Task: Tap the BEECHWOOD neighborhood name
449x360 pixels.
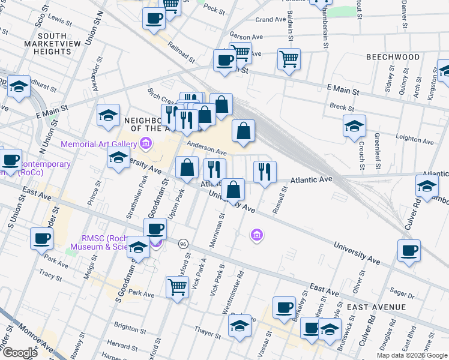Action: (393, 57)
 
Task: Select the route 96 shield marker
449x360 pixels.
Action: (182, 244)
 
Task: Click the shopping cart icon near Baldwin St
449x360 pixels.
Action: (289, 59)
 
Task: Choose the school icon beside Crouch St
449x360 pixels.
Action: (354, 127)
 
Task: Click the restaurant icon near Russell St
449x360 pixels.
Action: (264, 172)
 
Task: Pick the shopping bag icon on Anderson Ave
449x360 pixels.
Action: (243, 131)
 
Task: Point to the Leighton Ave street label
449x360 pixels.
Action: (415, 139)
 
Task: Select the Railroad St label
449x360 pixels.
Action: (181, 52)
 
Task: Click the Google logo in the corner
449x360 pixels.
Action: (20, 353)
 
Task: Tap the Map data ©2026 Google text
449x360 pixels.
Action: (412, 355)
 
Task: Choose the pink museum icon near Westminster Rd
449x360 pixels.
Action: (256, 235)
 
